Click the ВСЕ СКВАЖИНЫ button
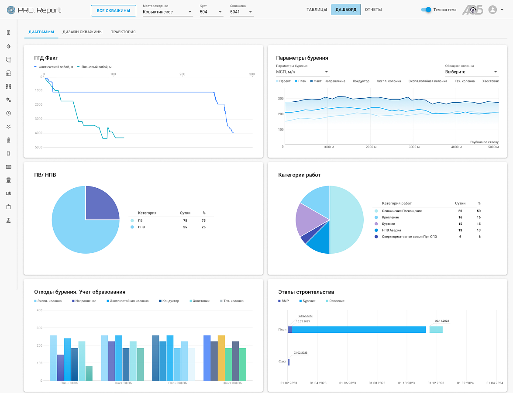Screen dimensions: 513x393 [113, 10]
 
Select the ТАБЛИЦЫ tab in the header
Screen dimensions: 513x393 [317, 10]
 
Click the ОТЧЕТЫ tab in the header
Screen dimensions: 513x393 [373, 10]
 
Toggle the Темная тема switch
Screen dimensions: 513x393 [426, 10]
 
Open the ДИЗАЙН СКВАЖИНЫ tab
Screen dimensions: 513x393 [83, 32]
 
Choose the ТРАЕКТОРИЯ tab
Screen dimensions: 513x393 [123, 32]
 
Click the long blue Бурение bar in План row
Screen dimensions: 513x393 [358, 330]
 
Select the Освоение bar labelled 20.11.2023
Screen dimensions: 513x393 [436, 330]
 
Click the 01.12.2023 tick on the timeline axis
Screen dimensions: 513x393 [436, 383]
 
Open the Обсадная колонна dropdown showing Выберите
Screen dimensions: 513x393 [472, 72]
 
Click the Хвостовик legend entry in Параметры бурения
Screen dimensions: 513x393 [490, 81]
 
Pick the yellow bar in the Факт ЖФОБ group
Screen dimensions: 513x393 [221, 358]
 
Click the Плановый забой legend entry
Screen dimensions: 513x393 [95, 67]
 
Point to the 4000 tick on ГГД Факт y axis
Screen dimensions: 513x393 [38, 133]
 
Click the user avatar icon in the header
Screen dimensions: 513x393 [492, 10]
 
